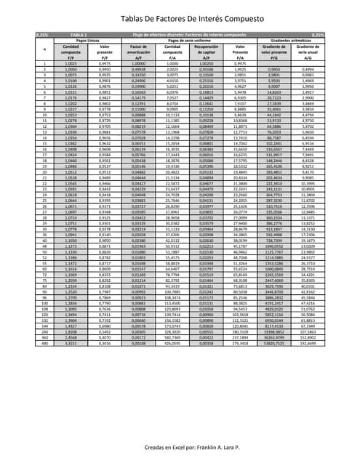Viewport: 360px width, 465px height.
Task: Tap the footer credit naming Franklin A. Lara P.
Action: pyautogui.click(x=180, y=429)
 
